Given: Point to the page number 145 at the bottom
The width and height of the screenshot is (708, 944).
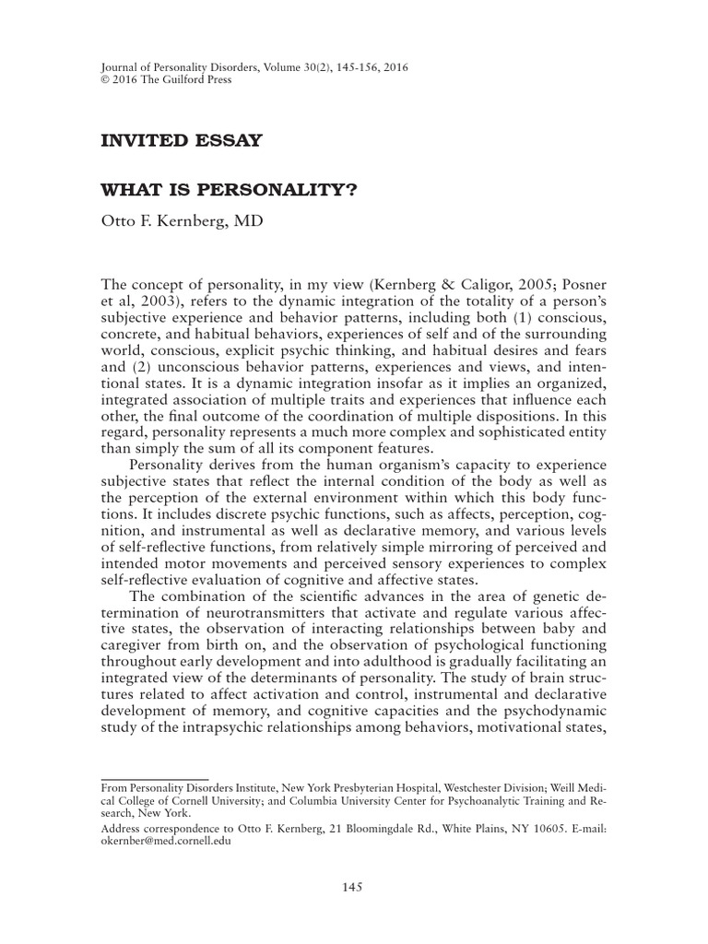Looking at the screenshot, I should [353, 887].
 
